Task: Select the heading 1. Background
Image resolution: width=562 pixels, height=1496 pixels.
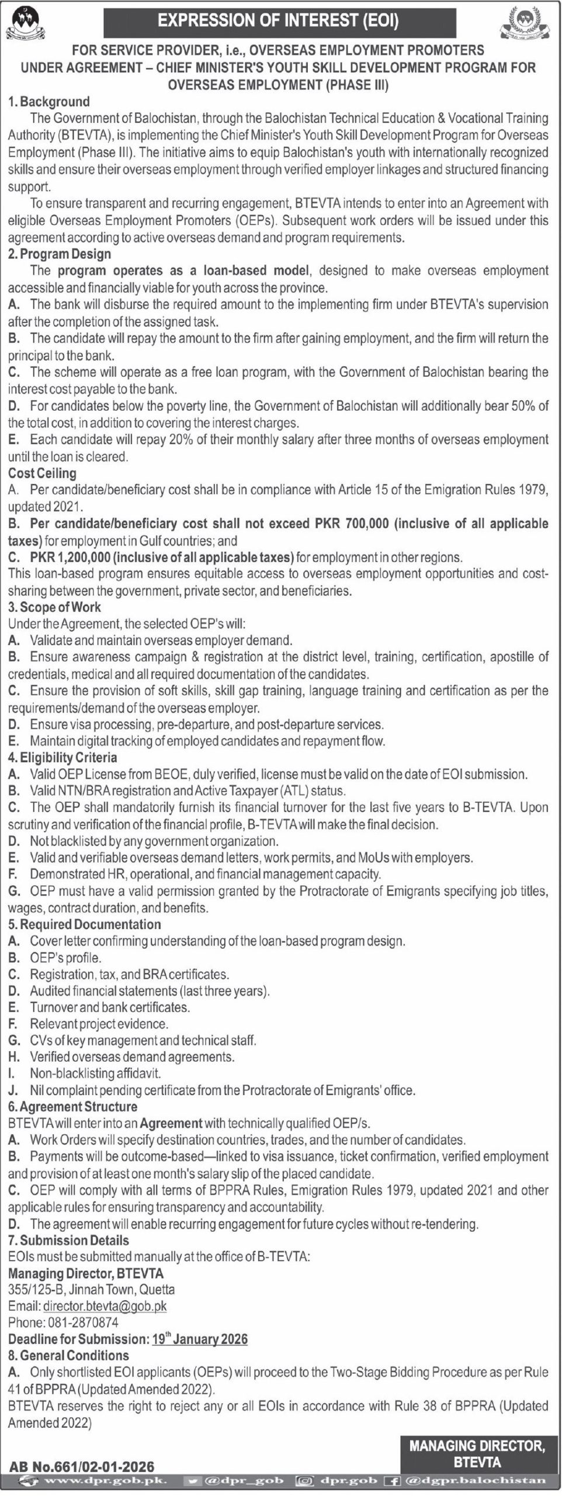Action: click(x=49, y=102)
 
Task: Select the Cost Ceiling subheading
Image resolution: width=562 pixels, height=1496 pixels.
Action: click(x=42, y=473)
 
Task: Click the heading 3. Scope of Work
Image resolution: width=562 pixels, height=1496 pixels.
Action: click(x=54, y=607)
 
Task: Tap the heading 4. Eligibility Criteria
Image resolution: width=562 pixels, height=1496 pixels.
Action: click(x=63, y=757)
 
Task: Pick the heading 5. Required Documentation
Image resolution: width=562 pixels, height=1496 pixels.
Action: click(x=85, y=924)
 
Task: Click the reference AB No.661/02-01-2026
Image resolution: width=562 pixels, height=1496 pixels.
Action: click(x=82, y=1466)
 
